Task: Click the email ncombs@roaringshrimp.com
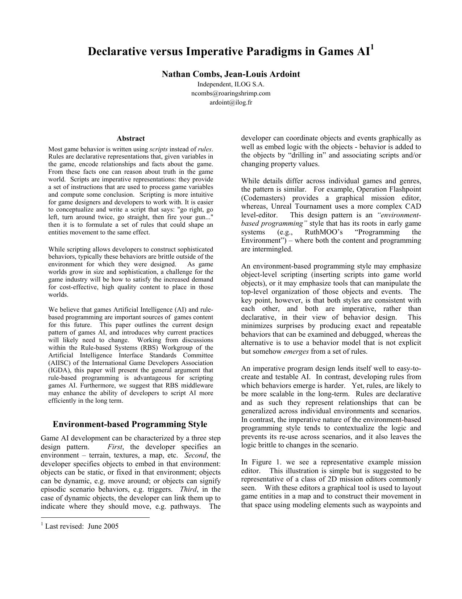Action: click(231, 93)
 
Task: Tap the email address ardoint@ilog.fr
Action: click(231, 102)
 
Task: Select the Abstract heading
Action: click(130, 138)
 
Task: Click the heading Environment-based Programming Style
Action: click(130, 424)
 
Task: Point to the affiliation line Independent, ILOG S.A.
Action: click(231, 84)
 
